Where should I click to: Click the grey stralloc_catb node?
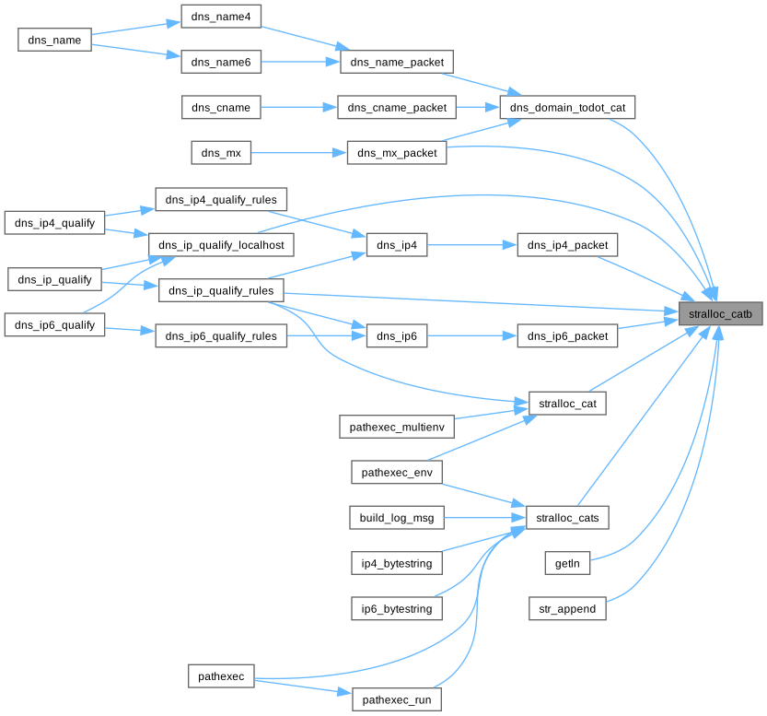point(720,314)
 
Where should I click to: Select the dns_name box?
point(55,40)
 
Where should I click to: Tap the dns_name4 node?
point(221,17)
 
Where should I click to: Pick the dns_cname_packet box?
point(397,108)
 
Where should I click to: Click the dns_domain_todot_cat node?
point(567,108)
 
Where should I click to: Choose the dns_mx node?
point(221,153)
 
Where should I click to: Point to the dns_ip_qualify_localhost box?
point(221,244)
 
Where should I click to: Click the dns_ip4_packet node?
point(567,245)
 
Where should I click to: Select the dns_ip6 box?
point(397,336)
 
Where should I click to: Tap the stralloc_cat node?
point(567,403)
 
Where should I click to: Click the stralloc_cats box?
point(567,518)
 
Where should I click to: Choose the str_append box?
point(567,609)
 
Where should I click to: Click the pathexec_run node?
point(397,699)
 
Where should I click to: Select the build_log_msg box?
point(397,518)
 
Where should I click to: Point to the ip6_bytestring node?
point(397,608)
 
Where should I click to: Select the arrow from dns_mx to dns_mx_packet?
point(298,153)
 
